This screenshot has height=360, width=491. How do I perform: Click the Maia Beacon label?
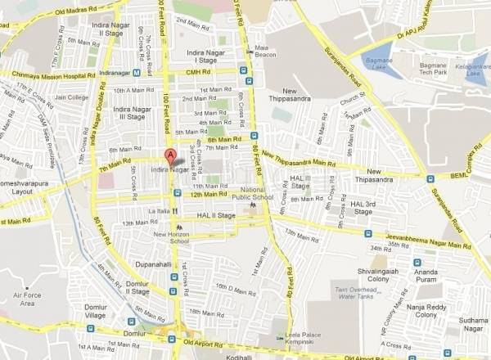click(262, 52)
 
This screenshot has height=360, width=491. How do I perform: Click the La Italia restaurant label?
click(158, 210)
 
